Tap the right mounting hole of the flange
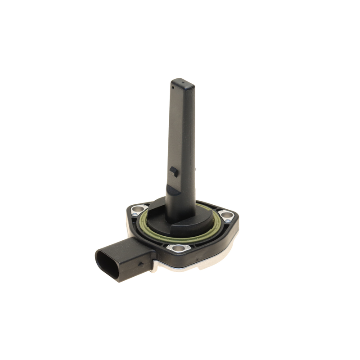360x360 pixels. click(x=225, y=215)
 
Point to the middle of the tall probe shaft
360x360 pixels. click(x=182, y=135)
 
